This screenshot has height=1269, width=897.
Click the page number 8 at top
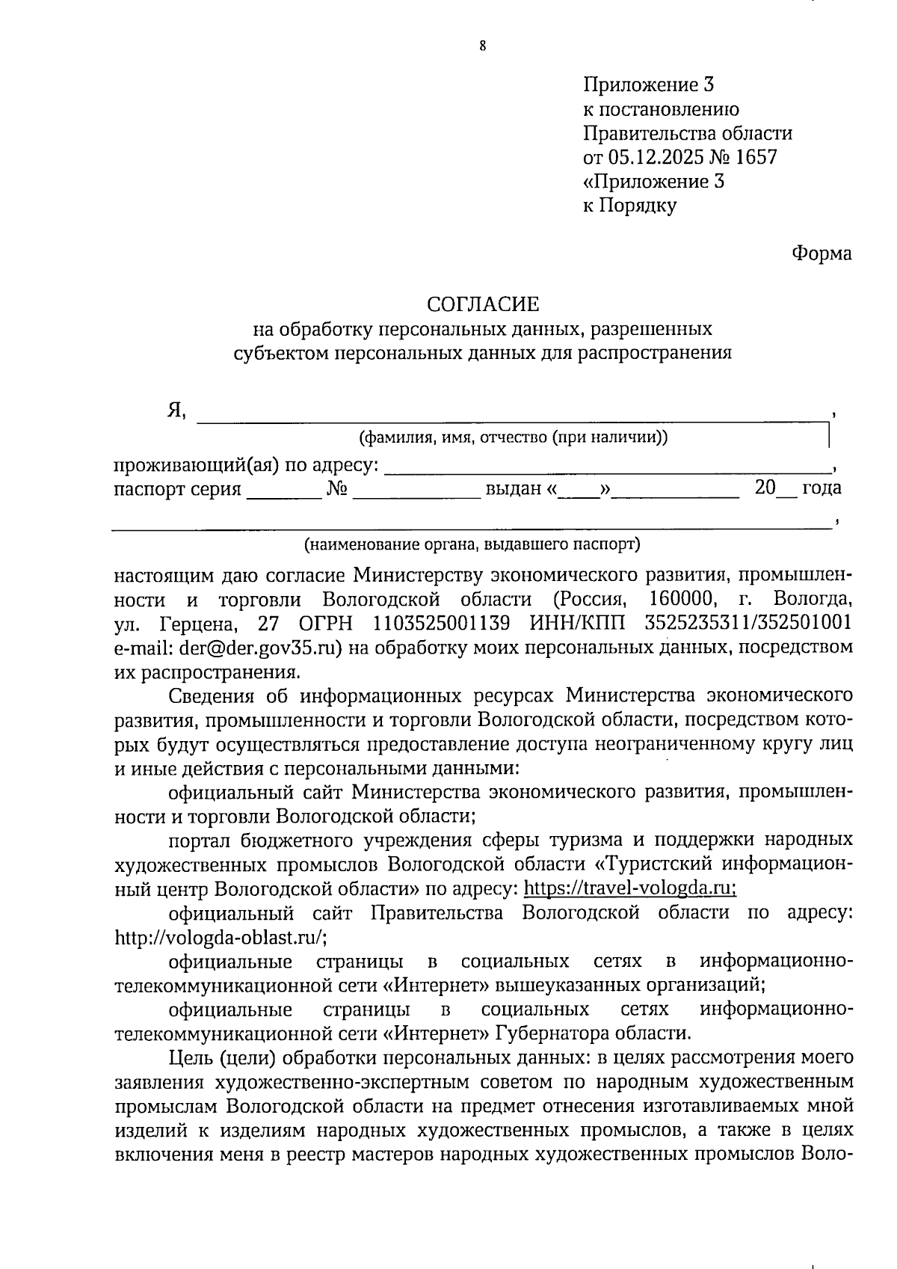pyautogui.click(x=482, y=46)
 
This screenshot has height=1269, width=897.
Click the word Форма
pyautogui.click(x=822, y=254)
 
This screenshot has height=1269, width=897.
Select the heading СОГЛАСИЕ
pyautogui.click(x=482, y=304)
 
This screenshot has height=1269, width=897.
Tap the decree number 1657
pyautogui.click(x=756, y=157)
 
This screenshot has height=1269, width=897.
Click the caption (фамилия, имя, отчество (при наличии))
pyautogui.click(x=513, y=437)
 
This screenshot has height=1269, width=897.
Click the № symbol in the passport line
pyautogui.click(x=337, y=488)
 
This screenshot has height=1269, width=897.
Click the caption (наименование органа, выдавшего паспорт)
pyautogui.click(x=472, y=544)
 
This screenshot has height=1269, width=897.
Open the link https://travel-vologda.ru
pyautogui.click(x=629, y=888)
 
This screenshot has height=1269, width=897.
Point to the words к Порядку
pyautogui.click(x=629, y=206)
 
